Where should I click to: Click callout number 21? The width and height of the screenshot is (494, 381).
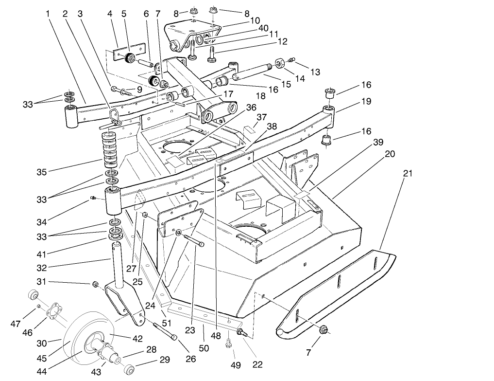click(407, 173)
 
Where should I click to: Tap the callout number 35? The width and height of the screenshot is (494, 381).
click(42, 172)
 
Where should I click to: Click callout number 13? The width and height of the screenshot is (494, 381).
click(315, 72)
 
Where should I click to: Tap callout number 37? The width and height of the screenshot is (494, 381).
click(262, 117)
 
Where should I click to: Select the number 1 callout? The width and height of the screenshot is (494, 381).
click(48, 14)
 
